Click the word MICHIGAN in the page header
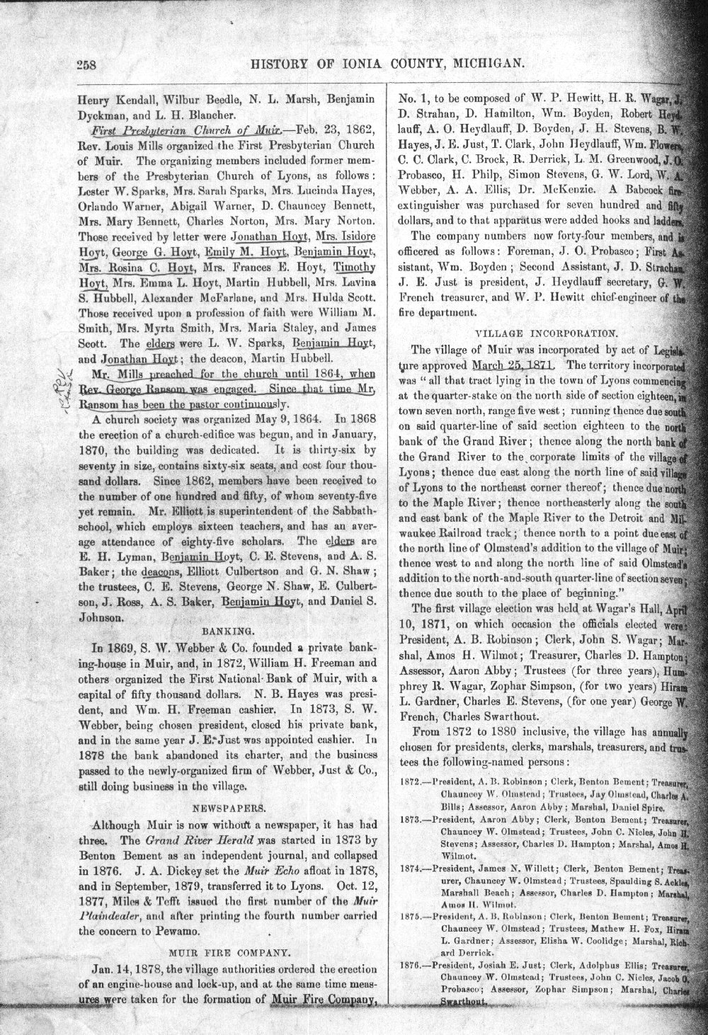486,64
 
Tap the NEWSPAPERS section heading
224,806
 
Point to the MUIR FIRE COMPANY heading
224,951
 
